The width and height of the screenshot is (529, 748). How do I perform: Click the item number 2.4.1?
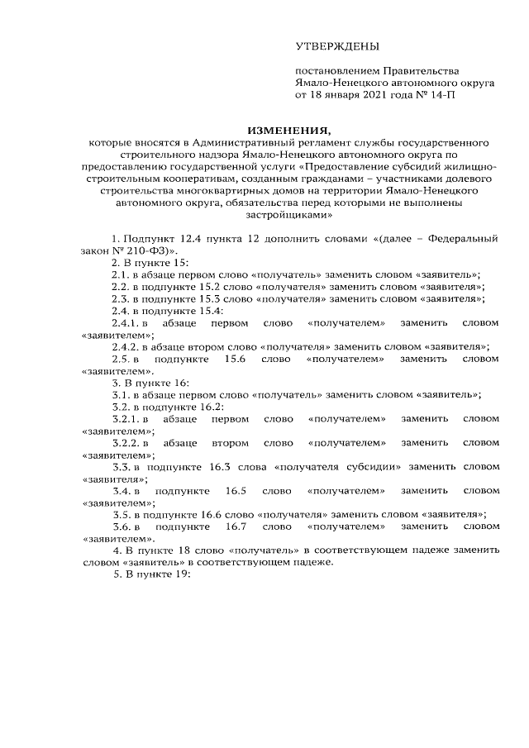click(x=128, y=323)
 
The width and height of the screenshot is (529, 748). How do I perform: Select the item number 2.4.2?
click(x=128, y=347)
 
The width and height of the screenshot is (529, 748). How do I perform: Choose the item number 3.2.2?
click(x=128, y=442)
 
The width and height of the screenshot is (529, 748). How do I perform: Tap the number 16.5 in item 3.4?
click(x=236, y=490)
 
